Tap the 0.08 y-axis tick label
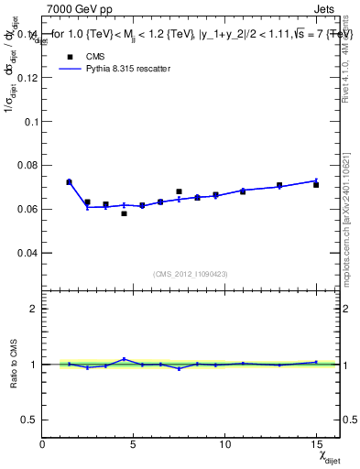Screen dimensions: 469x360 click(x=28, y=165)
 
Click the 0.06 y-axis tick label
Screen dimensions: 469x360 click(x=28, y=209)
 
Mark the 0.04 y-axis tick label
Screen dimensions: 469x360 click(x=28, y=253)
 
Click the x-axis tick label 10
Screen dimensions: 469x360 click(x=224, y=444)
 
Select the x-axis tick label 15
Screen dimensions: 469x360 click(x=316, y=444)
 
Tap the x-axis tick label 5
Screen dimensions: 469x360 click(x=135, y=444)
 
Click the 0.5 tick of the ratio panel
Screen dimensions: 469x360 click(x=31, y=420)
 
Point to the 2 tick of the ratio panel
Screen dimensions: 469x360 click(x=36, y=309)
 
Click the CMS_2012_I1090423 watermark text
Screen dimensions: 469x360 click(x=191, y=273)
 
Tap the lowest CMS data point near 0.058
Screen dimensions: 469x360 click(x=124, y=213)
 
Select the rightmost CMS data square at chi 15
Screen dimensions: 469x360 click(x=316, y=185)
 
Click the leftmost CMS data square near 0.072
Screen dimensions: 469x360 click(x=69, y=182)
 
